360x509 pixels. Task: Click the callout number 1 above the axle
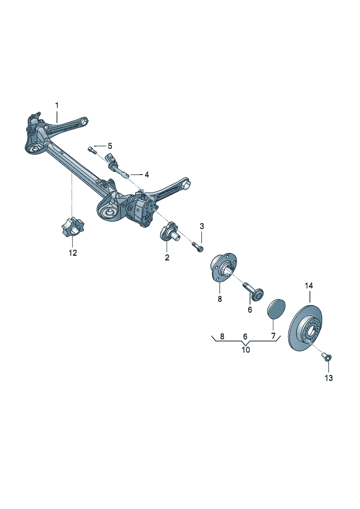pyautogui.click(x=57, y=106)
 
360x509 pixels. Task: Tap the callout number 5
pyautogui.click(x=110, y=146)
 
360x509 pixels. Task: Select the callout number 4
pyautogui.click(x=147, y=175)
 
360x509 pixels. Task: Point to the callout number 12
pyautogui.click(x=73, y=253)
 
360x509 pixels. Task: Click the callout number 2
pyautogui.click(x=167, y=258)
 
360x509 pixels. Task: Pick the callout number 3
pyautogui.click(x=202, y=226)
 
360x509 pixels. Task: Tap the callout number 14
pyautogui.click(x=309, y=286)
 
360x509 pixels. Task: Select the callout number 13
pyautogui.click(x=329, y=378)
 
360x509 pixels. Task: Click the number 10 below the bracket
pyautogui.click(x=246, y=350)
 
